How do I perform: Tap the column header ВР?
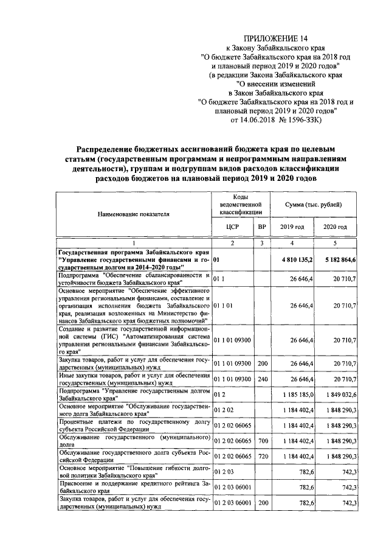(262, 226)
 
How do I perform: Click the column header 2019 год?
(292, 226)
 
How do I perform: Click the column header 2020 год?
(335, 226)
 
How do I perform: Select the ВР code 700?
(261, 439)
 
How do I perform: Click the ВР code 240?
(261, 379)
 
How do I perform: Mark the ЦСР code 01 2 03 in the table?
(224, 471)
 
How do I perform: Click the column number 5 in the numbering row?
(335, 243)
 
